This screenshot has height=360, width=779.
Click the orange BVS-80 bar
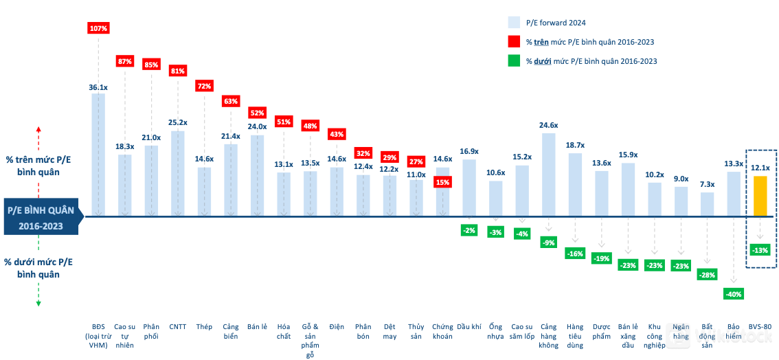pyautogui.click(x=760, y=196)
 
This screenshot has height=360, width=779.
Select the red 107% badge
pyautogui.click(x=98, y=28)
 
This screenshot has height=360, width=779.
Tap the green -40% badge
pyautogui.click(x=734, y=294)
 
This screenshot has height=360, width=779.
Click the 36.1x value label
pyautogui.click(x=98, y=87)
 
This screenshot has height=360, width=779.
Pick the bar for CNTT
pyautogui.click(x=178, y=174)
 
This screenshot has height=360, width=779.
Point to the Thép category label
pyautogui.click(x=204, y=327)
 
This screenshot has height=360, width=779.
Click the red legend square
pyautogui.click(x=514, y=41)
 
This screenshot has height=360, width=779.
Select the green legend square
pyautogui.click(x=514, y=60)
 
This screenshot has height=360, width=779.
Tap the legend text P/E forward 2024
pyautogui.click(x=556, y=22)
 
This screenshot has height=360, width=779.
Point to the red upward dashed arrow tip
pyautogui.click(x=38, y=128)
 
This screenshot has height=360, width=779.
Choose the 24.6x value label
pyautogui.click(x=548, y=126)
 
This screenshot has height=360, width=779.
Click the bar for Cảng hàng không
pyautogui.click(x=548, y=175)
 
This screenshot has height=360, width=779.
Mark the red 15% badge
pyautogui.click(x=442, y=182)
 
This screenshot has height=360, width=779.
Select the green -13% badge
pyautogui.click(x=760, y=249)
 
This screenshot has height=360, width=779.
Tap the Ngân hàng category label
pyautogui.click(x=681, y=332)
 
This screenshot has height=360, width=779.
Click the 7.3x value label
pyautogui.click(x=707, y=184)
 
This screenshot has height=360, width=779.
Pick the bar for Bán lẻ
pyautogui.click(x=257, y=176)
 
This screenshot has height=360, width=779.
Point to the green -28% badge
pyautogui.click(x=707, y=275)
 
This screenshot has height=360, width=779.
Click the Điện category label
pyautogui.click(x=337, y=327)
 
